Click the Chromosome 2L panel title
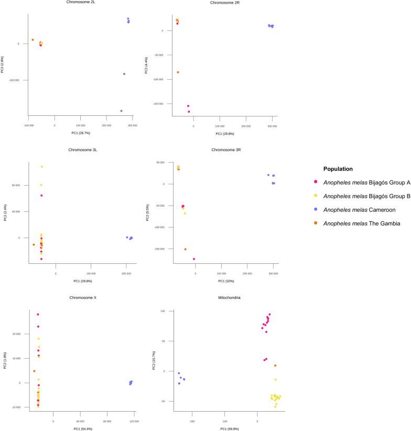coord(78,3)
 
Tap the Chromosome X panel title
coord(78,297)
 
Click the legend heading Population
coord(338,169)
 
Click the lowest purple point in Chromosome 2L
coord(121,111)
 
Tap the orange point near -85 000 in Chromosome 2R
coord(178,72)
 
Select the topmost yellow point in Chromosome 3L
coord(42,167)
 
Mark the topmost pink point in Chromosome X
coord(38,315)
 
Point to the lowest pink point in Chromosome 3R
coord(194,259)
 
